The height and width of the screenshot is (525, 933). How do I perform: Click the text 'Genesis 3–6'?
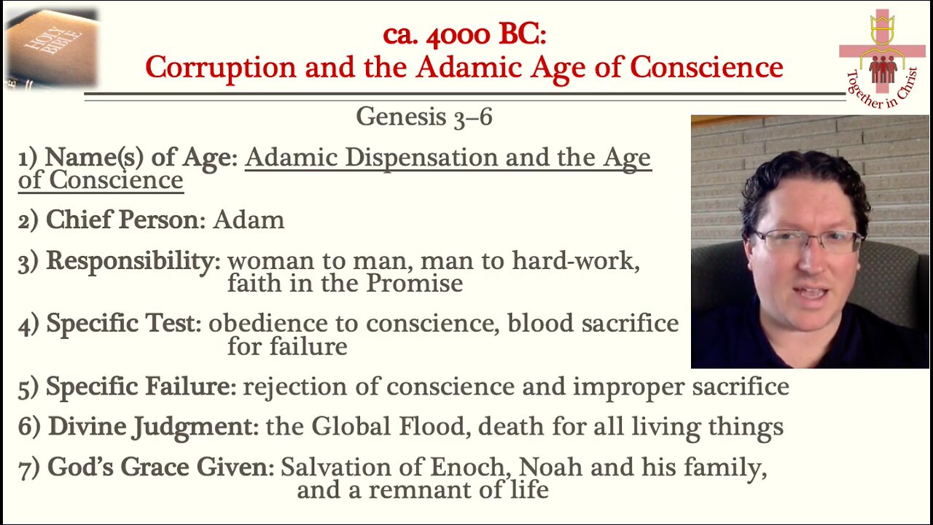tap(423, 117)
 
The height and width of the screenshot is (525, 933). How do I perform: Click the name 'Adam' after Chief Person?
tap(249, 220)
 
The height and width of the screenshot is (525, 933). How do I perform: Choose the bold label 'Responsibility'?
tap(133, 261)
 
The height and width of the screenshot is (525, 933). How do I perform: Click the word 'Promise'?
tap(414, 284)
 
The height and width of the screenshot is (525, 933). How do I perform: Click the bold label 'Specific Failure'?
tap(138, 386)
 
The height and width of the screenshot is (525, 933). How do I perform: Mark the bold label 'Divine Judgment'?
tap(149, 426)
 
